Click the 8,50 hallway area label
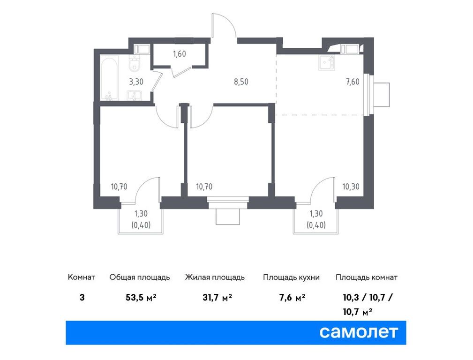241,81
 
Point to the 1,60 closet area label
180,54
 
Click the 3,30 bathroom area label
136,81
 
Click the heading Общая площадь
139,277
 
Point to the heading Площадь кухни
291,277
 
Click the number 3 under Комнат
83,298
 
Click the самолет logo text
359,332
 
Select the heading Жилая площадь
215,277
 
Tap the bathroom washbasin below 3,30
135,96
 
